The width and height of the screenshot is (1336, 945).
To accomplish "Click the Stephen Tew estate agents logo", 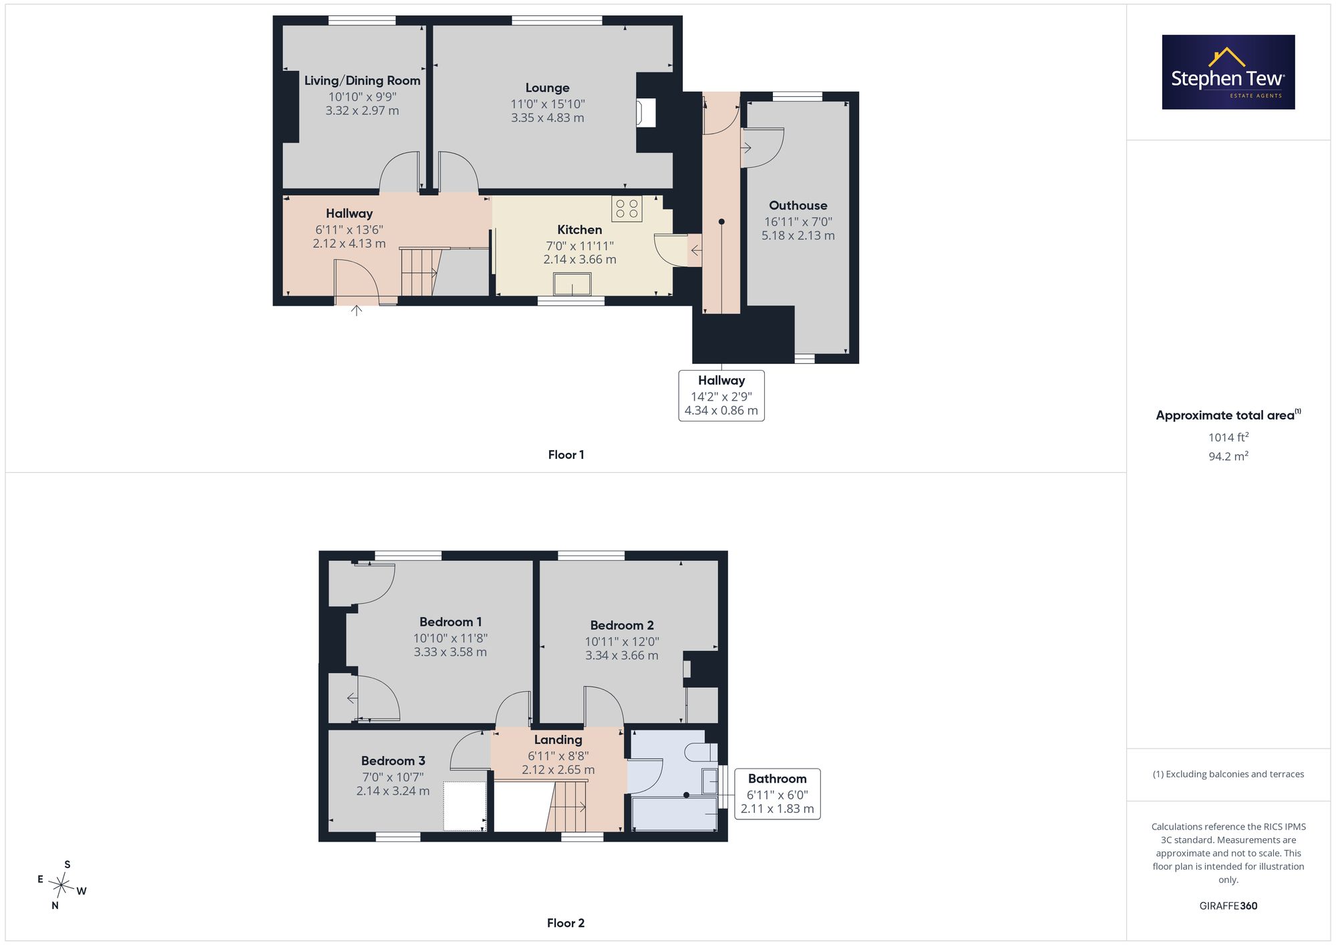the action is pos(1228,72).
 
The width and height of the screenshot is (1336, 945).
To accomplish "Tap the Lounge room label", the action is pos(547,87).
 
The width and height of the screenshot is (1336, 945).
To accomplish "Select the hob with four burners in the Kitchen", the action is pos(627,208).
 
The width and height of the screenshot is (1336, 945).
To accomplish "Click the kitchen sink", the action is pos(572,285).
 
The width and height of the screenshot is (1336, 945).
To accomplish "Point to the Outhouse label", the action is pos(798,206).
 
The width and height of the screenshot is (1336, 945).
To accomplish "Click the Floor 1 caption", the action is pos(566,455).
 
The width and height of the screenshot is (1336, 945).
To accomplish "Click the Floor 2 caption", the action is pos(566,923).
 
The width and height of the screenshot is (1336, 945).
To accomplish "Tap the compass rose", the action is pos(62,886).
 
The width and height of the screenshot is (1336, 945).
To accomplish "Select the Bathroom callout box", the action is pos(778,793).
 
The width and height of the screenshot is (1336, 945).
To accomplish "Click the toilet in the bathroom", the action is pos(701,753).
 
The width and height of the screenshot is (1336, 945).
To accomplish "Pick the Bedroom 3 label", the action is pos(393,761).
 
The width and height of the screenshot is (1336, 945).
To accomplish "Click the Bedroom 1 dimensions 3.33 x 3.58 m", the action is pos(450,652).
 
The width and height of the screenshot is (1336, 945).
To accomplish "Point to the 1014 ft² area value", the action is pos(1228,437).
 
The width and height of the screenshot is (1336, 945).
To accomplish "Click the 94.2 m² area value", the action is pos(1228,456).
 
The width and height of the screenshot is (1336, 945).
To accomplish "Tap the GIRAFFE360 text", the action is pos(1228,906).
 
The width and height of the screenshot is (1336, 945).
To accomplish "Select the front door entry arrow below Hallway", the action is pos(357,310).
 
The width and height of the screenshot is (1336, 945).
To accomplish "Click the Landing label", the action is pos(558,739).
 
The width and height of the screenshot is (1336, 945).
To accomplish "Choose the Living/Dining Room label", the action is pos(362,81).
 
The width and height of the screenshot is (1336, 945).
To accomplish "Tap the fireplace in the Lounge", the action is pos(646,112).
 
